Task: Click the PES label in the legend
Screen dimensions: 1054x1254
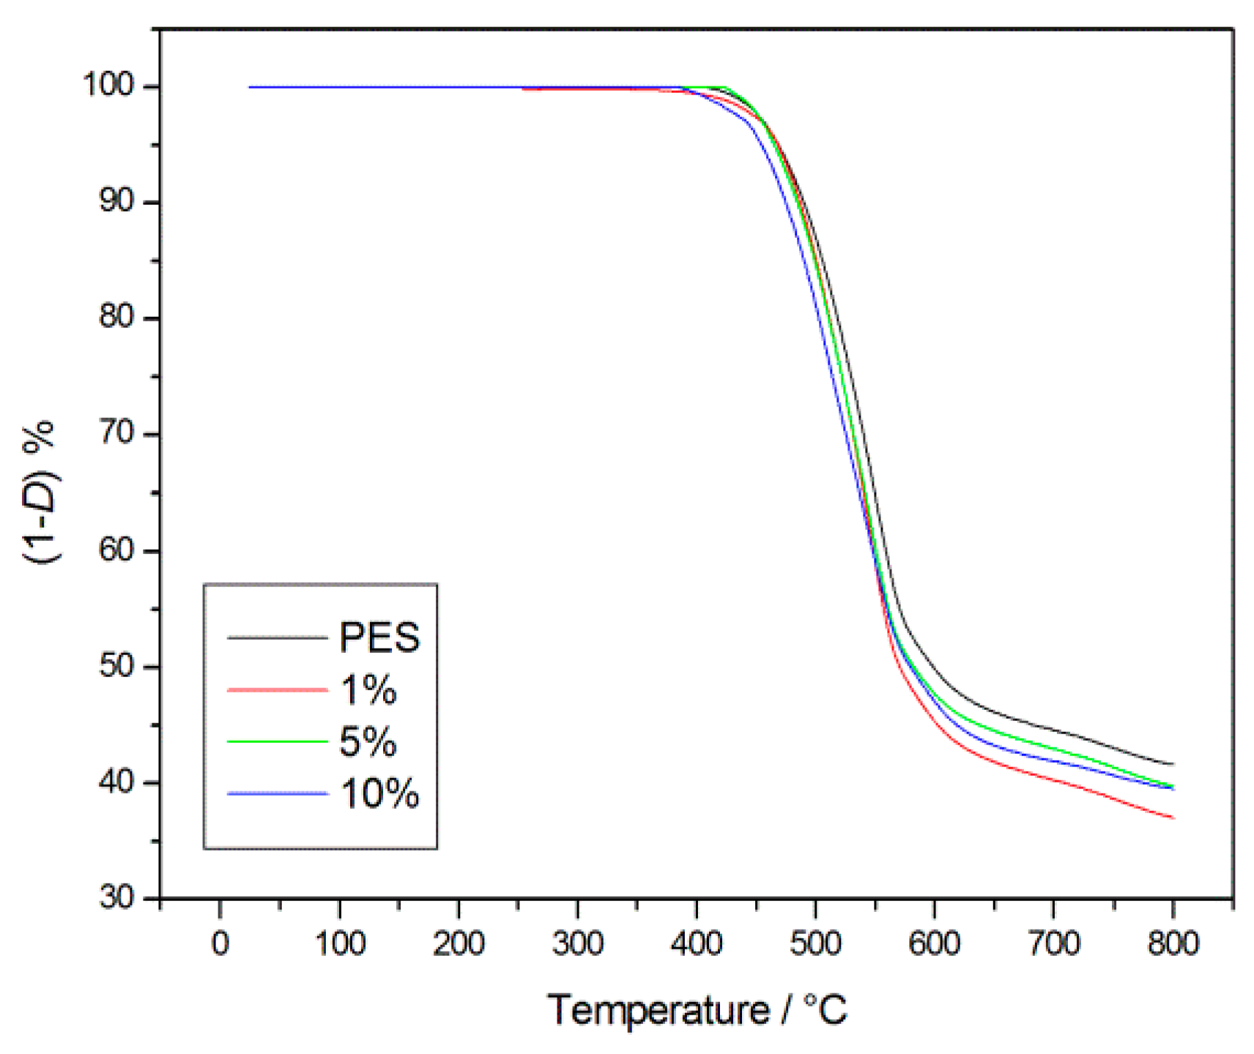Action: pos(379,637)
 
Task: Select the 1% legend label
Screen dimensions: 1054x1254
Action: pos(368,689)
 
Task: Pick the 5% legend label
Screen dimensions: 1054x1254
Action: pos(368,741)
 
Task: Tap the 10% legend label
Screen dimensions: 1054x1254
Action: pos(379,793)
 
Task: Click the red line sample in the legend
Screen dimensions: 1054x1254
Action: pos(277,689)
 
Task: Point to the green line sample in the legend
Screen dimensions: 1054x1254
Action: pos(277,741)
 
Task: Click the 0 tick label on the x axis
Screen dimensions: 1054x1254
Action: pos(220,943)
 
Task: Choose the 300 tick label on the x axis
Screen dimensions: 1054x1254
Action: pos(577,943)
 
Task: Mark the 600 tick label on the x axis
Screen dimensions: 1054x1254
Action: pos(934,943)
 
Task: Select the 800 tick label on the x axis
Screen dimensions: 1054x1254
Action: pos(1172,943)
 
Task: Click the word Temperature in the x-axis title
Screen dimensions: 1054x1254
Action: pos(658,1011)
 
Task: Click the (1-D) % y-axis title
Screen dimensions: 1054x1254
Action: pos(41,492)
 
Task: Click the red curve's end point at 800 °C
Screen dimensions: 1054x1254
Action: pos(1173,817)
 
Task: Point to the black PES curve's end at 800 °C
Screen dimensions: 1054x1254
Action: pos(1173,764)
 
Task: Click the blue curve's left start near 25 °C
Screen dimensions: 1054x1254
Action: pos(251,87)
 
